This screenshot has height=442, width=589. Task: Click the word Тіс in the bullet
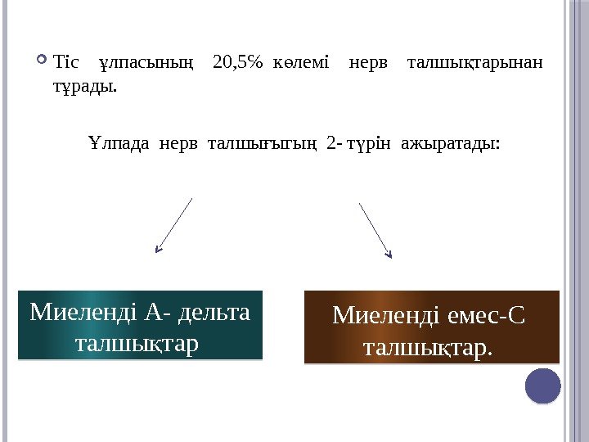pos(65,62)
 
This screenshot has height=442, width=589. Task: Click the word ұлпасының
pos(146,62)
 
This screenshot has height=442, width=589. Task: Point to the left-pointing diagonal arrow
pos(173,225)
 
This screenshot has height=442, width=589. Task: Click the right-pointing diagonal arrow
pos(375,230)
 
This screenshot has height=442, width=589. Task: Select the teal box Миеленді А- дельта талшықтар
pos(140,325)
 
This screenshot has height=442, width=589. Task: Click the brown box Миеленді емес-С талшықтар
pos(431,327)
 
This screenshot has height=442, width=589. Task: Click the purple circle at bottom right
pos(542,386)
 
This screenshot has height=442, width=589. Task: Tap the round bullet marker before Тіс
pos(43,60)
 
